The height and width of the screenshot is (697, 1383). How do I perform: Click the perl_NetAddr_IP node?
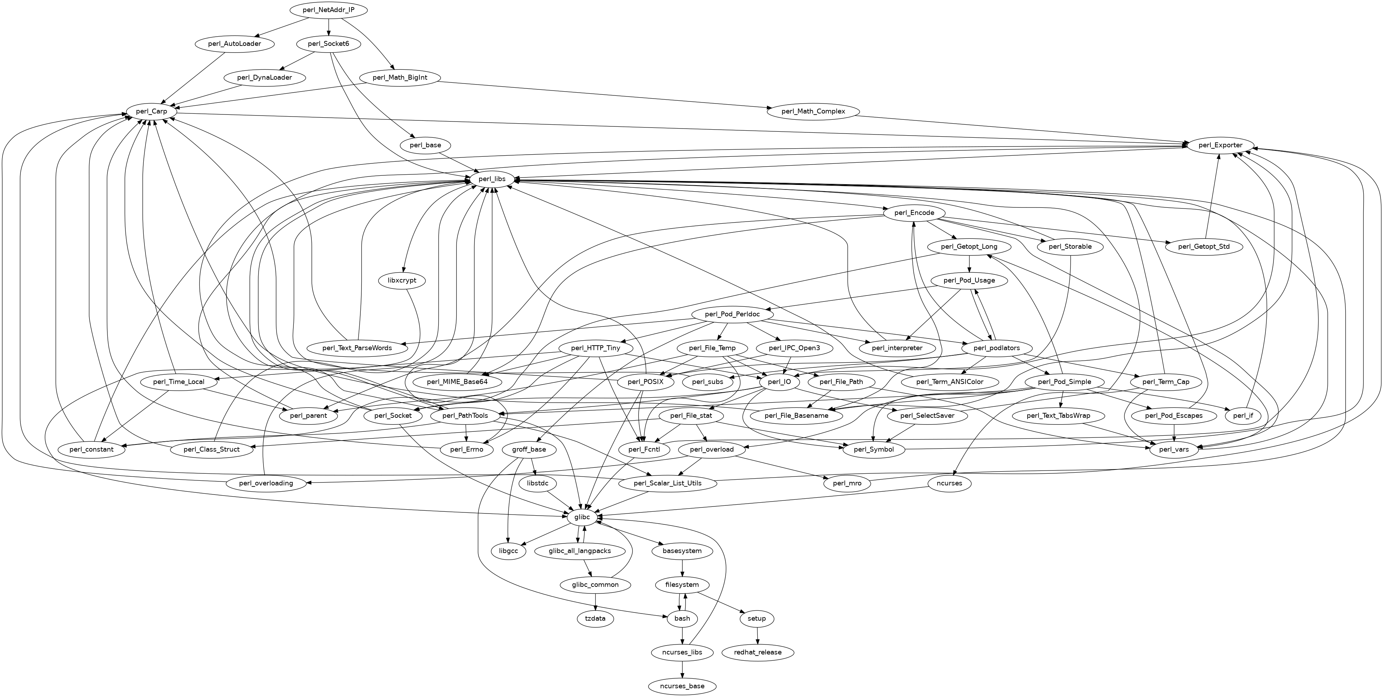[329, 10]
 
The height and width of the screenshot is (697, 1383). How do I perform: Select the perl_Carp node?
[152, 112]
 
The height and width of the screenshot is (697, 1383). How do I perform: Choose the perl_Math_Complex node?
[813, 112]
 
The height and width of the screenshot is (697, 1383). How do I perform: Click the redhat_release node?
[758, 652]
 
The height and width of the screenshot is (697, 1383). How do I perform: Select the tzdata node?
[595, 618]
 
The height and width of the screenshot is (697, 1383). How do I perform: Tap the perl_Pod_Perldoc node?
[732, 314]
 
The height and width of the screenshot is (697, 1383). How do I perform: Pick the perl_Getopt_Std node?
[1204, 247]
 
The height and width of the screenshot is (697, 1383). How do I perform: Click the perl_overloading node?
[266, 483]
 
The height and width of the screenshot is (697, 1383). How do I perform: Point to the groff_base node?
[529, 449]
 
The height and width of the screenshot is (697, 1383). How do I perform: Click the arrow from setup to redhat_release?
[757, 635]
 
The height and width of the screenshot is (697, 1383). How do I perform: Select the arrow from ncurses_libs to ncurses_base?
[682, 669]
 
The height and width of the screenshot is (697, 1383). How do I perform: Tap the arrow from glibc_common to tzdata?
[595, 602]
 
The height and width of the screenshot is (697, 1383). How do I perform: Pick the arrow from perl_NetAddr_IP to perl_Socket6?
[329, 27]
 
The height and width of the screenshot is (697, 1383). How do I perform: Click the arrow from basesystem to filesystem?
[682, 568]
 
